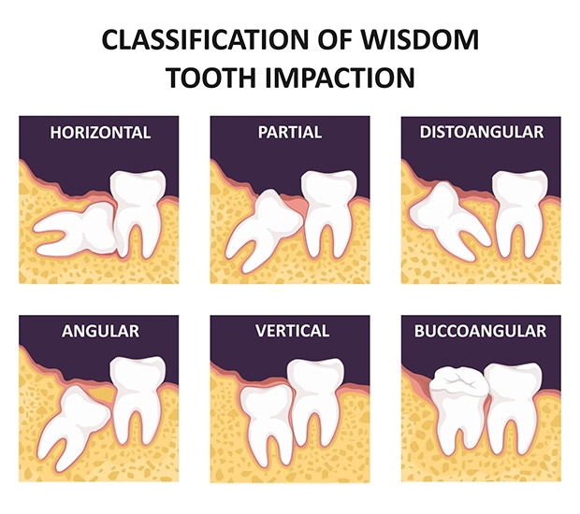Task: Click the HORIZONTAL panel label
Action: [100, 132]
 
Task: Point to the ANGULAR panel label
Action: [100, 331]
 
